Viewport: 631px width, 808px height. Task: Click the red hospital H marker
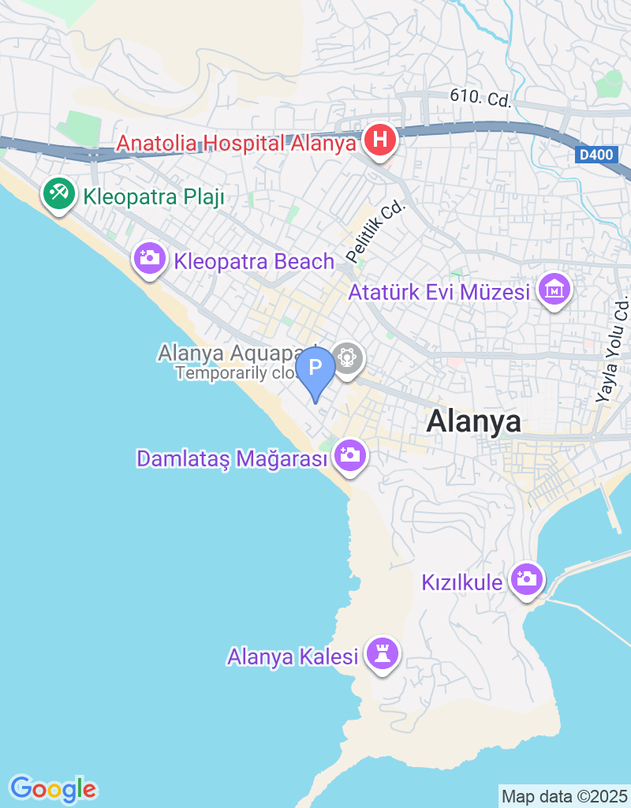tap(379, 141)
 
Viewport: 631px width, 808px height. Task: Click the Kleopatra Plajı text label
tap(153, 196)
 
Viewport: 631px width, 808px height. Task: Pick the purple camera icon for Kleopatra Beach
tap(148, 258)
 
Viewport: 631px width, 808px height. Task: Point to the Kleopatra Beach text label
tap(255, 261)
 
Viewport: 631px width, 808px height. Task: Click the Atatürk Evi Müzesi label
tap(439, 294)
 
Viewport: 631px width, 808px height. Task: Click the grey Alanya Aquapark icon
tap(346, 357)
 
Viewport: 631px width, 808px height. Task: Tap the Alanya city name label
tap(473, 421)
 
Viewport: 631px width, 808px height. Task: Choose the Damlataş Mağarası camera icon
tap(349, 455)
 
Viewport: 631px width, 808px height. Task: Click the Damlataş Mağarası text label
tap(232, 458)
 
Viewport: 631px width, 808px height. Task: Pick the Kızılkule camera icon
tap(525, 579)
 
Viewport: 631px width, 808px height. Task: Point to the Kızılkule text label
tap(462, 582)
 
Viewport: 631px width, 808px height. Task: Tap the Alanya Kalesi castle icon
tap(383, 653)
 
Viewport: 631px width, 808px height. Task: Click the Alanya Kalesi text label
tap(293, 656)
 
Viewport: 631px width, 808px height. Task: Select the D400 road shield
tap(596, 156)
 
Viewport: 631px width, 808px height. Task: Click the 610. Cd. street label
tap(481, 98)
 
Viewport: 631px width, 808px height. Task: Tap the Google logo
tap(53, 788)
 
